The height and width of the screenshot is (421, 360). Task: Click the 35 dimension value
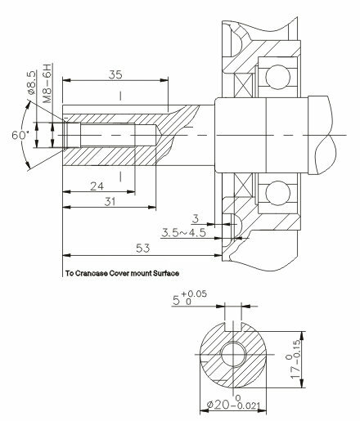pos(115,74)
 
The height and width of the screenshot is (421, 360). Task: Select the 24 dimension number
pos(97,186)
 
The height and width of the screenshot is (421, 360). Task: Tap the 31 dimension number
pos(110,202)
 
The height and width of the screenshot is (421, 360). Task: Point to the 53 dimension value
pos(143,248)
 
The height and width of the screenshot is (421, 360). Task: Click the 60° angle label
pos(20,135)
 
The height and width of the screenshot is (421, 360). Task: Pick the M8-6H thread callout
pos(47,83)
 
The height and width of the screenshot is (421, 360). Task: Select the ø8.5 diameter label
pos(31,83)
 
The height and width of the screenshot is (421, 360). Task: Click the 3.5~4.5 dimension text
pos(183,233)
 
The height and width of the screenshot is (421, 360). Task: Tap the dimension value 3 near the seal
pos(196,218)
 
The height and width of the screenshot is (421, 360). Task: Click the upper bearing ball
pos(277,77)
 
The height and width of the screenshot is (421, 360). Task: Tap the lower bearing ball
pos(277,193)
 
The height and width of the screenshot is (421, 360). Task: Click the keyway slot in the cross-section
pos(232,326)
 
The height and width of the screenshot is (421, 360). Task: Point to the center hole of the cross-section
pos(233,354)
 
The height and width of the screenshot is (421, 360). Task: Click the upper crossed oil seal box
pos(243,85)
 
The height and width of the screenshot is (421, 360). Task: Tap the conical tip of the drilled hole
pos(159,135)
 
